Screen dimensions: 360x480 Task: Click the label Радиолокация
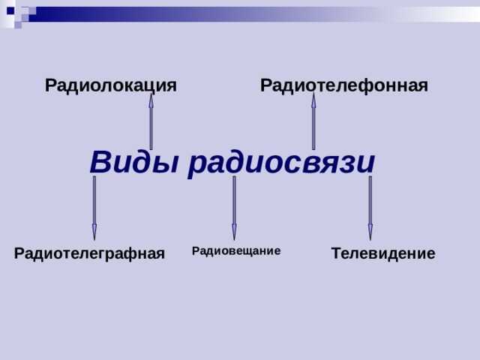point(111,85)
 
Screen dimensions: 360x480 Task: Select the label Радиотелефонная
point(343,85)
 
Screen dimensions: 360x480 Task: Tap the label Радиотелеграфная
point(89,254)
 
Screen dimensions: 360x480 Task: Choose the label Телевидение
point(382,253)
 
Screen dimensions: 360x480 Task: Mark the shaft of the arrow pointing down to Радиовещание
point(234,199)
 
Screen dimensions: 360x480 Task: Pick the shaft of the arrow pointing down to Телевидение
point(370,199)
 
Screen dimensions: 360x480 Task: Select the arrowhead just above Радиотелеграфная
point(94,232)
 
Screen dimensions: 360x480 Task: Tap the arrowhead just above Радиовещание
point(234,232)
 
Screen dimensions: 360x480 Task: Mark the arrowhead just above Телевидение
point(370,232)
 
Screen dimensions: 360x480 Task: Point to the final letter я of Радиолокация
point(171,86)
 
